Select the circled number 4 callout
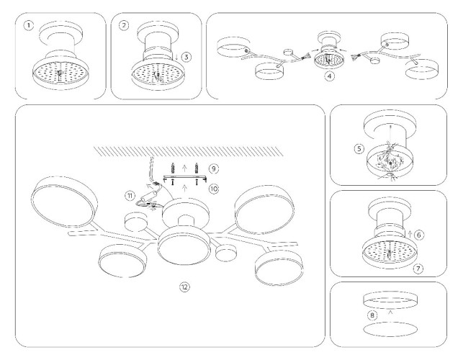click(329, 74)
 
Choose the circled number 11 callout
click(130, 195)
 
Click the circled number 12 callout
click(184, 287)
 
